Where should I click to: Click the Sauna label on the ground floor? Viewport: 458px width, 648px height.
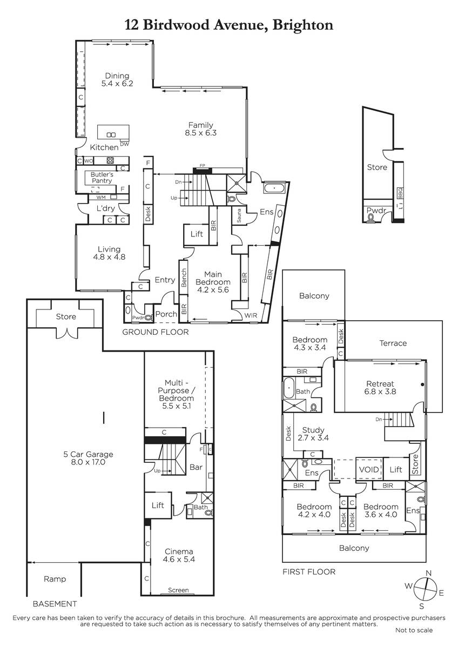pos(239,216)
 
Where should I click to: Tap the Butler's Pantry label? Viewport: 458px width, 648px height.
pos(102,178)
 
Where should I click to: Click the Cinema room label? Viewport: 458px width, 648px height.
pos(179,551)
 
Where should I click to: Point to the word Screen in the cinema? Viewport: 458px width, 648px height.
pos(178,590)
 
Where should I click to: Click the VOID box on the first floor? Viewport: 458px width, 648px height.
pos(369,469)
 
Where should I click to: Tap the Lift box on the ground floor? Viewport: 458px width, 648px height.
pos(197,234)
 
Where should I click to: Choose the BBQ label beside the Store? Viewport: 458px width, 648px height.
pos(400,193)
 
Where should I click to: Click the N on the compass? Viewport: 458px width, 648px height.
pos(429,573)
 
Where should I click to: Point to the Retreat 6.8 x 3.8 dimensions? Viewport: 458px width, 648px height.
pos(380,391)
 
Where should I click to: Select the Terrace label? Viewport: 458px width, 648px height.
pos(393,343)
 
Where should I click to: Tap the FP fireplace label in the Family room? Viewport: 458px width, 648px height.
pos(202,165)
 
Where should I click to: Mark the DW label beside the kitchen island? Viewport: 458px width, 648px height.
pos(124,144)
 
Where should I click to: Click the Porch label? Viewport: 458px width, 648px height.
pos(166,314)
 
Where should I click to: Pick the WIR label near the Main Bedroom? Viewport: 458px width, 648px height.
pos(251,315)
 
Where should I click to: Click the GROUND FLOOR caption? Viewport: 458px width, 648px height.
pos(156,332)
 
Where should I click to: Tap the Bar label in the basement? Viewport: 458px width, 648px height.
pos(196,467)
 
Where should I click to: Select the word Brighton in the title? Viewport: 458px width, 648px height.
pos(302,26)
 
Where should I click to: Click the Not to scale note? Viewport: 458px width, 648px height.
pos(414,638)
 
